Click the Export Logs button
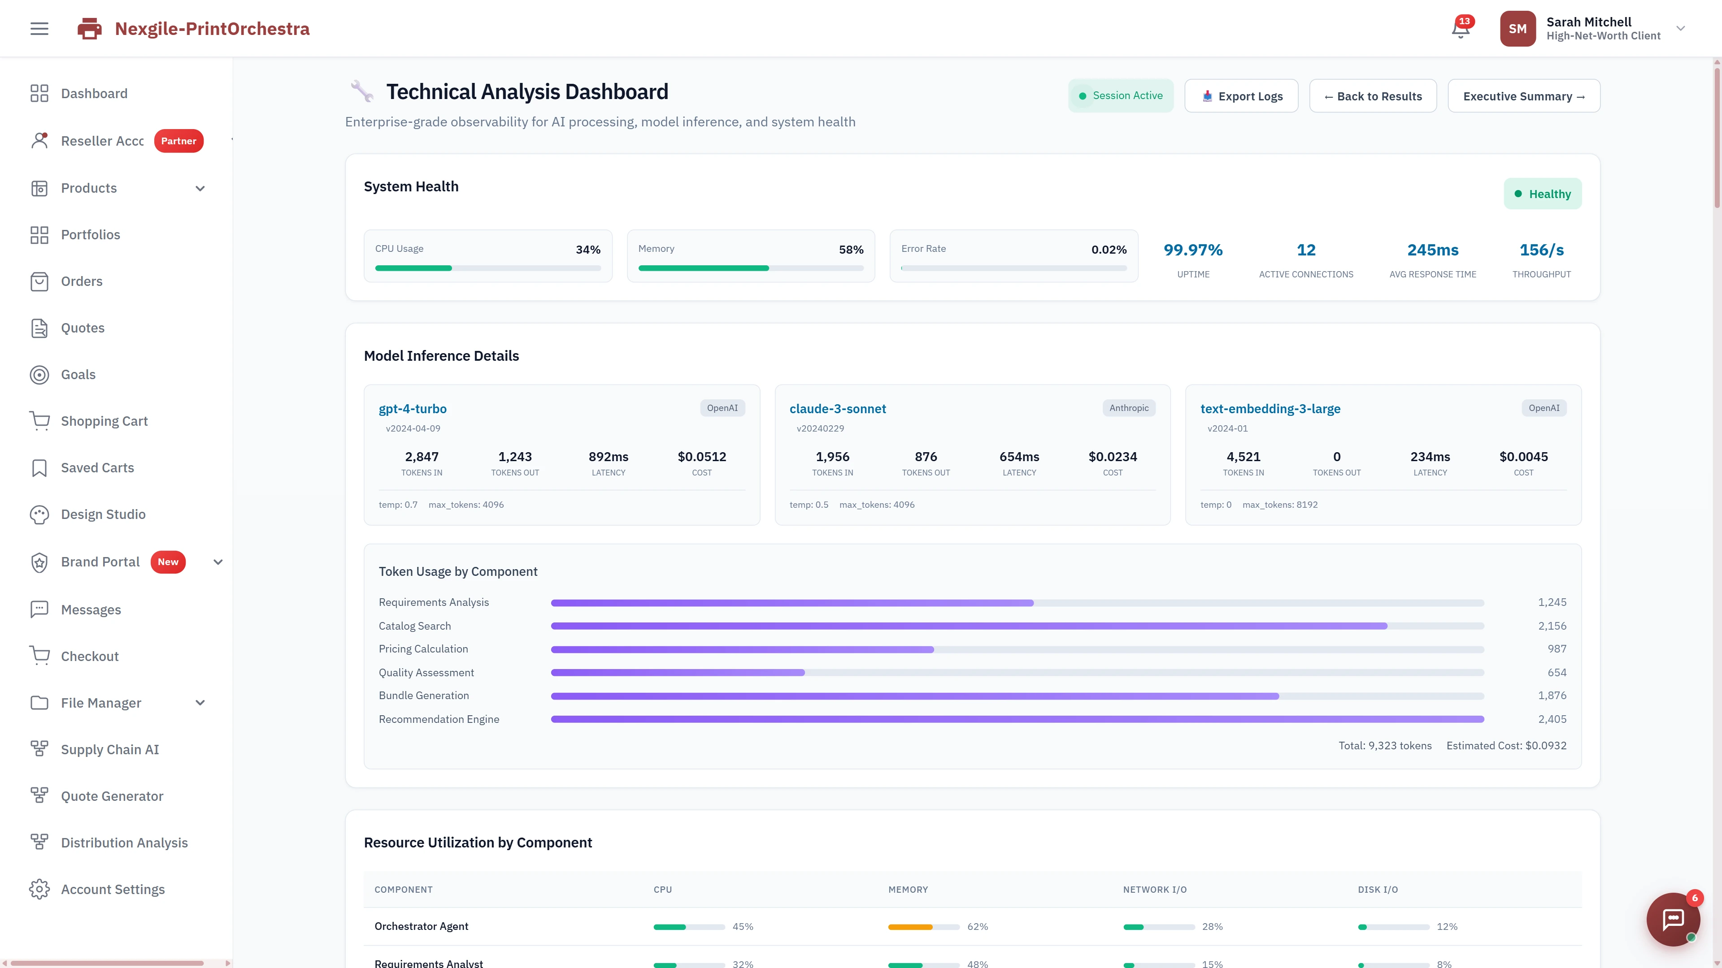pos(1241,96)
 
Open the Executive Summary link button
pos(1523,96)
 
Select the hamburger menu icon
pos(39,29)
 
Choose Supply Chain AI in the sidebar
pos(109,750)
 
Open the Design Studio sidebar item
pos(103,514)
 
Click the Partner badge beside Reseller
pos(178,141)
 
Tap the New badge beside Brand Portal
pos(168,562)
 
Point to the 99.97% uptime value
pos(1192,250)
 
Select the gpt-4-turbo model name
pos(413,409)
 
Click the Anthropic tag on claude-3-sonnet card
pos(1128,408)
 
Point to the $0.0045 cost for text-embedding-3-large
pos(1523,457)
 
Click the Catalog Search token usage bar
pos(968,626)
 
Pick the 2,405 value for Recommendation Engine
pos(1552,719)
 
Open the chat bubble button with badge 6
pos(1673,919)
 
